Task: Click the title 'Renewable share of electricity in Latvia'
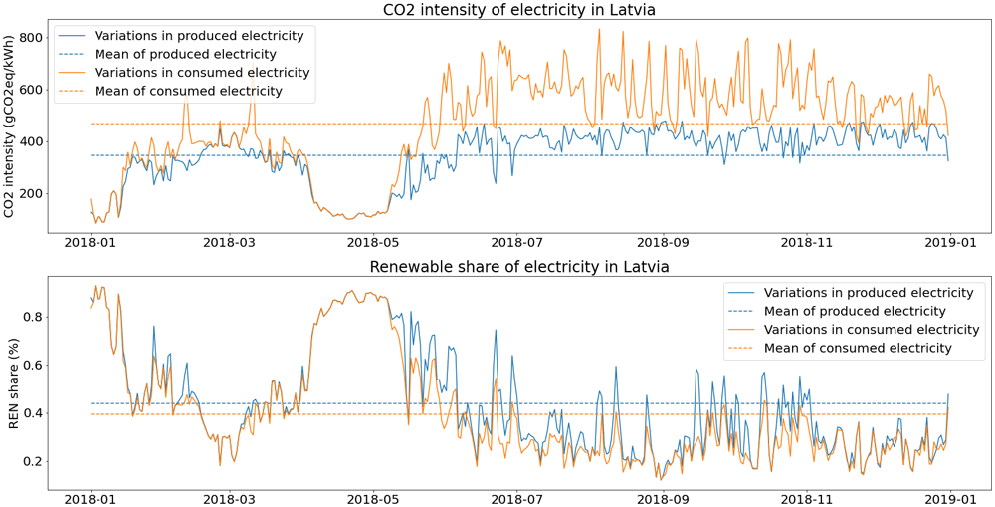coord(517,267)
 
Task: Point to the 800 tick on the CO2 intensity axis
coord(33,38)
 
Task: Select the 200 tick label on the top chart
coord(33,194)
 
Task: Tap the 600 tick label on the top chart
coord(33,90)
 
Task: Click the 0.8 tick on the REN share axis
coord(33,317)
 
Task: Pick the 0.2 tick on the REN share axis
coord(33,461)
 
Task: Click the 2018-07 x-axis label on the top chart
coord(517,242)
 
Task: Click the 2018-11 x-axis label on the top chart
coord(807,242)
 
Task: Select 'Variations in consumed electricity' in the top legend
coord(202,72)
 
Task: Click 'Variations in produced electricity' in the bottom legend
coord(869,292)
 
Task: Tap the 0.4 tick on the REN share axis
coord(33,413)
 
